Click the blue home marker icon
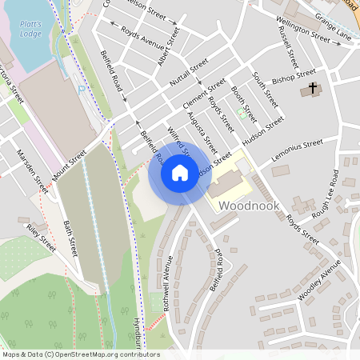tap(180, 173)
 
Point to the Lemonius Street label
tap(297, 148)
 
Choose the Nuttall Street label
tap(189, 73)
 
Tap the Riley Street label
tap(41, 238)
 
